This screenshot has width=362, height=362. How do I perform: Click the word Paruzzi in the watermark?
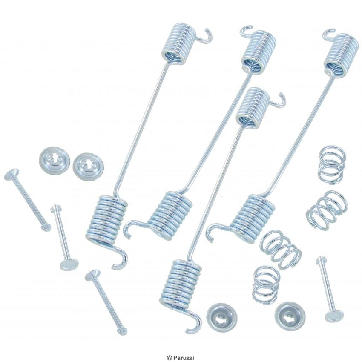tap(185, 358)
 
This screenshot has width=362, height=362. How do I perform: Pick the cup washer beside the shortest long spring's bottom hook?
tap(221, 317)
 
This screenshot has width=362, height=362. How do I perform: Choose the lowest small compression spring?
tap(266, 284)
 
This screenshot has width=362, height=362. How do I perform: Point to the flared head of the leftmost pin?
tap(11, 174)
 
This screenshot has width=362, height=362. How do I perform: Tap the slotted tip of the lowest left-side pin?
tap(122, 332)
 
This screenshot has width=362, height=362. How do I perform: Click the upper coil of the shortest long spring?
tap(253, 107)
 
